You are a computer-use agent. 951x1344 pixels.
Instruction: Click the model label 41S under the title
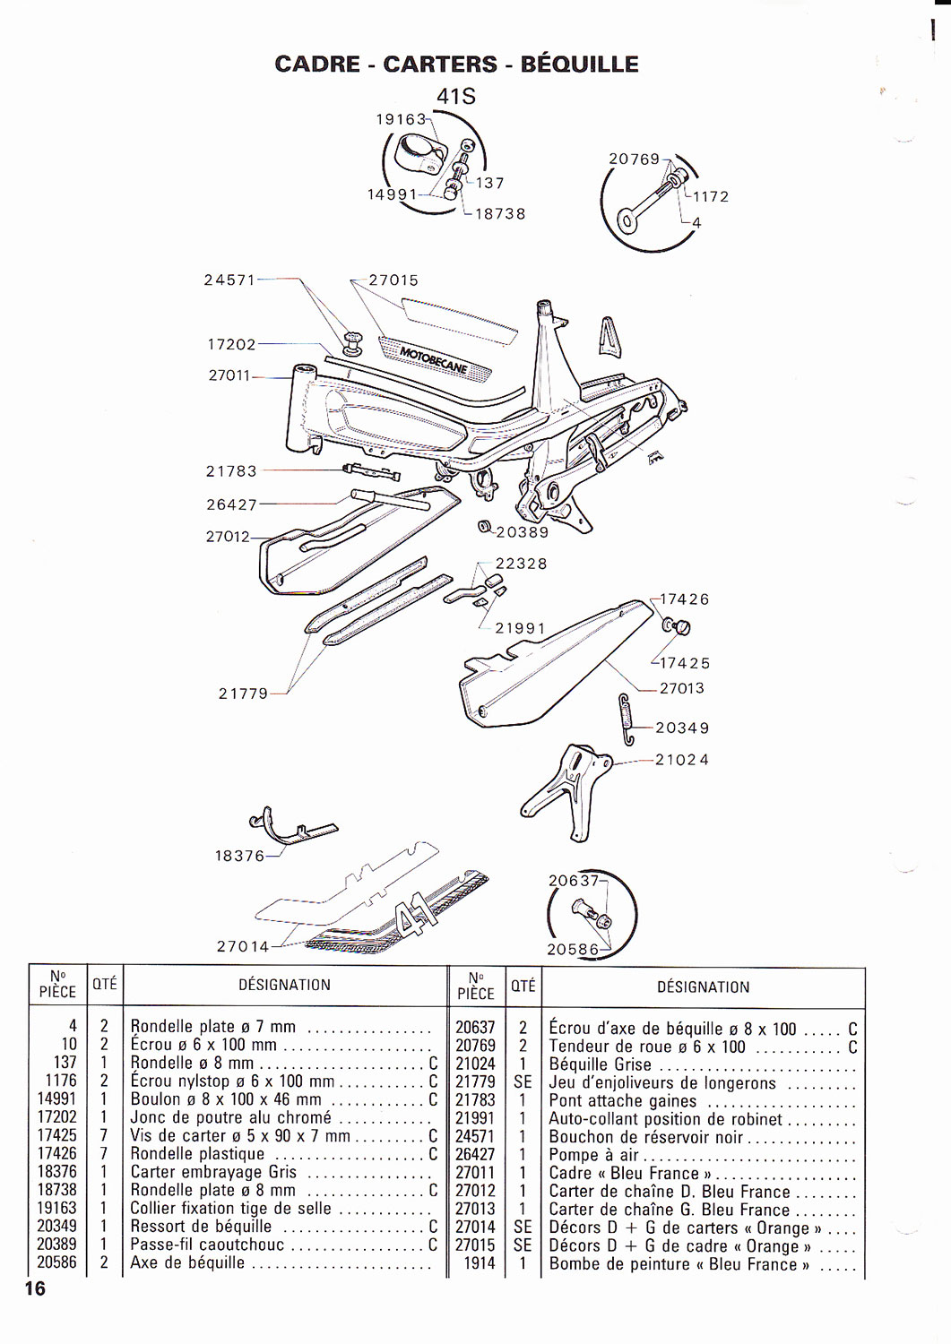pos(455,96)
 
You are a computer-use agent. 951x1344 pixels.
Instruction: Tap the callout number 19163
pos(401,118)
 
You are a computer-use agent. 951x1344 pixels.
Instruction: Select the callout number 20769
pos(634,159)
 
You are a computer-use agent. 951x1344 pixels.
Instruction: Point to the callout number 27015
pos(393,280)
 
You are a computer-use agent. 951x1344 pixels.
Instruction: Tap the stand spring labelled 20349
pos(628,719)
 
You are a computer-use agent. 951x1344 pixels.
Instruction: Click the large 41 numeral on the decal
pos(419,917)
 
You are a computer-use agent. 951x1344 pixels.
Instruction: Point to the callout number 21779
pos(243,693)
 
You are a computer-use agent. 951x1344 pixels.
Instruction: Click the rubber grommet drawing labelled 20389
pos(485,526)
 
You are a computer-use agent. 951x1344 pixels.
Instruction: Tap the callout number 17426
pos(684,599)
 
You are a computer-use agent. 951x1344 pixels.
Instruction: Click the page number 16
pos(35,1288)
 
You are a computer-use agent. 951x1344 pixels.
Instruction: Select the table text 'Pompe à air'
pos(593,1155)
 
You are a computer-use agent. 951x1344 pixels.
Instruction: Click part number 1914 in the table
pos(479,1263)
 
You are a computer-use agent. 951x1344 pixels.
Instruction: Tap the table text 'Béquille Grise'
pos(600,1064)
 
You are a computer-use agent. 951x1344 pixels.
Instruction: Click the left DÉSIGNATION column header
pos(284,985)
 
